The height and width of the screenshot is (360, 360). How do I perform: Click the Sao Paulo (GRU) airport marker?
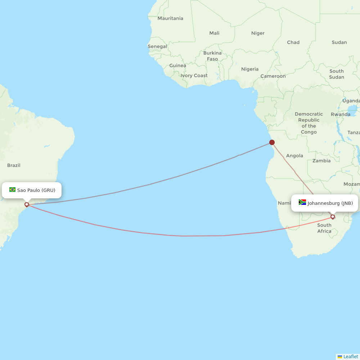tap(27, 204)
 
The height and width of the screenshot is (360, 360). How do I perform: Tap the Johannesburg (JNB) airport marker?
tap(333, 217)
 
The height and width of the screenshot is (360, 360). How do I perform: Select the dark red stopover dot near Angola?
tap(272, 142)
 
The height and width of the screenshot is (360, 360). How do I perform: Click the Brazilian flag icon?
tap(13, 190)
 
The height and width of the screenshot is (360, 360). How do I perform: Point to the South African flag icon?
tap(302, 202)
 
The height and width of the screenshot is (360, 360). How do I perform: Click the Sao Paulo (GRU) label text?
tap(36, 190)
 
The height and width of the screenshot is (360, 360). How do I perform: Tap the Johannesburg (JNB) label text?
tap(330, 203)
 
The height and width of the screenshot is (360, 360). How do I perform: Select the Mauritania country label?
tap(170, 18)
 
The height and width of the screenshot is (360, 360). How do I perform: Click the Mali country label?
tap(214, 33)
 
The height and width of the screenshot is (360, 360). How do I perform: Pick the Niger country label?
tap(258, 33)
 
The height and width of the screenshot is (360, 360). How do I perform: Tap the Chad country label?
tap(293, 42)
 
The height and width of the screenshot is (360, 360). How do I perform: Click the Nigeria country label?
tap(250, 69)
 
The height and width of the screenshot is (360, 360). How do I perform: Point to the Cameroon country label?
tap(273, 76)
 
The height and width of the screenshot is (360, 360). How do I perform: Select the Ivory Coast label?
tap(194, 76)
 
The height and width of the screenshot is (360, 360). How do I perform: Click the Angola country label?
tap(294, 156)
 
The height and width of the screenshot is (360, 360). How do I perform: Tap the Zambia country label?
tap(321, 161)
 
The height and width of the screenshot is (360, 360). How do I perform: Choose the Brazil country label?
tap(14, 166)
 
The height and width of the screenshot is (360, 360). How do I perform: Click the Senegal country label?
tap(157, 46)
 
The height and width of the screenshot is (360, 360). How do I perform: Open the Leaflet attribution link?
tap(350, 357)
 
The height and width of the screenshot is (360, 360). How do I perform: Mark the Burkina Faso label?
tap(212, 56)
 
